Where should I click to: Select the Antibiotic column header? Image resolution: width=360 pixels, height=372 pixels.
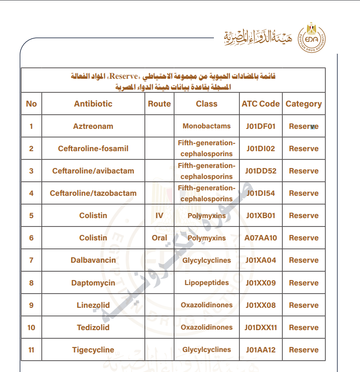93,104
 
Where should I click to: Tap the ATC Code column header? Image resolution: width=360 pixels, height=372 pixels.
261,104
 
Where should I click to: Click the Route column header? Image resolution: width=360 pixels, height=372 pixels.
159,104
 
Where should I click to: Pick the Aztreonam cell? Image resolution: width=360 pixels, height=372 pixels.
93,126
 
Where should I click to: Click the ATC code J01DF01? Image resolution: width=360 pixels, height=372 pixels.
261,126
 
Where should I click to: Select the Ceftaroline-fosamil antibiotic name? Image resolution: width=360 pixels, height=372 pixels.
93,148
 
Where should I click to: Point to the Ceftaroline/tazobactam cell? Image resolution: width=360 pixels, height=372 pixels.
93,193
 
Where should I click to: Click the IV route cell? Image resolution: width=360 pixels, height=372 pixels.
159,215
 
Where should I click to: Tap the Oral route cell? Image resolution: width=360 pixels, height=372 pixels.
159,238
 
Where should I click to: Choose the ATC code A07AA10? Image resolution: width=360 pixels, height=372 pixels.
261,238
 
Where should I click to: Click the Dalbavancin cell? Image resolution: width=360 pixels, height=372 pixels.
93,260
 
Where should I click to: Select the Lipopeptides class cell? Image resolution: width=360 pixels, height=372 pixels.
207,283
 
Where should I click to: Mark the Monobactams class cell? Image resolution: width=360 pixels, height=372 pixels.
207,126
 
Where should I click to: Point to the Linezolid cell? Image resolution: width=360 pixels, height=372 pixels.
93,305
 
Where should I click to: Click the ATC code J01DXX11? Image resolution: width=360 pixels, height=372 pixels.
261,327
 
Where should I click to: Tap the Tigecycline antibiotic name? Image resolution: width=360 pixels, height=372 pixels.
93,350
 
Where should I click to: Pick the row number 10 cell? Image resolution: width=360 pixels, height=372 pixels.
31,327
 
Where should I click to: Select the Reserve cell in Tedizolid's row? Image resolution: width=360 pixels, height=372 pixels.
304,327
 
